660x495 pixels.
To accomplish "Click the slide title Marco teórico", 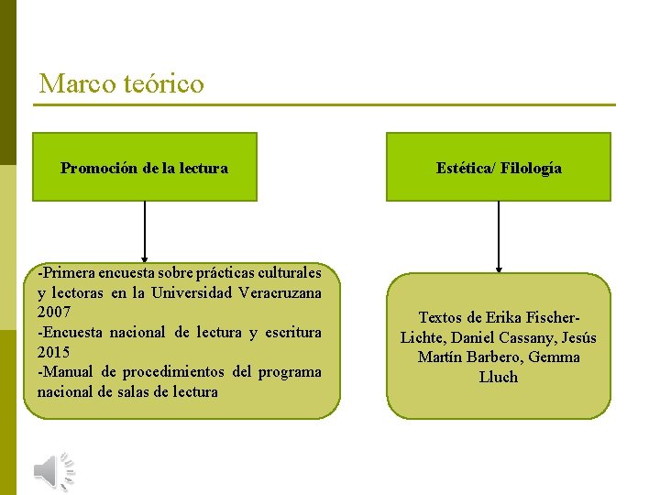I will tap(121, 84).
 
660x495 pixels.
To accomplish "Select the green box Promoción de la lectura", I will tap(145, 167).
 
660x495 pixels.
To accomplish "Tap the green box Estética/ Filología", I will tap(499, 167).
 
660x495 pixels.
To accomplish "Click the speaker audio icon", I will tap(53, 471).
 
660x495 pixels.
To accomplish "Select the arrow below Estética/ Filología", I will tap(499, 236).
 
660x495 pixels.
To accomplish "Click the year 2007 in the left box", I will tap(54, 313).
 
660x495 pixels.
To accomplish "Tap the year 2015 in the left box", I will tap(54, 352).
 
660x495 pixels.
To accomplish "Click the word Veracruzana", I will tap(280, 292).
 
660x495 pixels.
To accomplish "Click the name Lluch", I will tap(499, 377).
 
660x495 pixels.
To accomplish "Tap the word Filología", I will tap(531, 168).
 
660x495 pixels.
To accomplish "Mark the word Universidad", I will tap(184, 292).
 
